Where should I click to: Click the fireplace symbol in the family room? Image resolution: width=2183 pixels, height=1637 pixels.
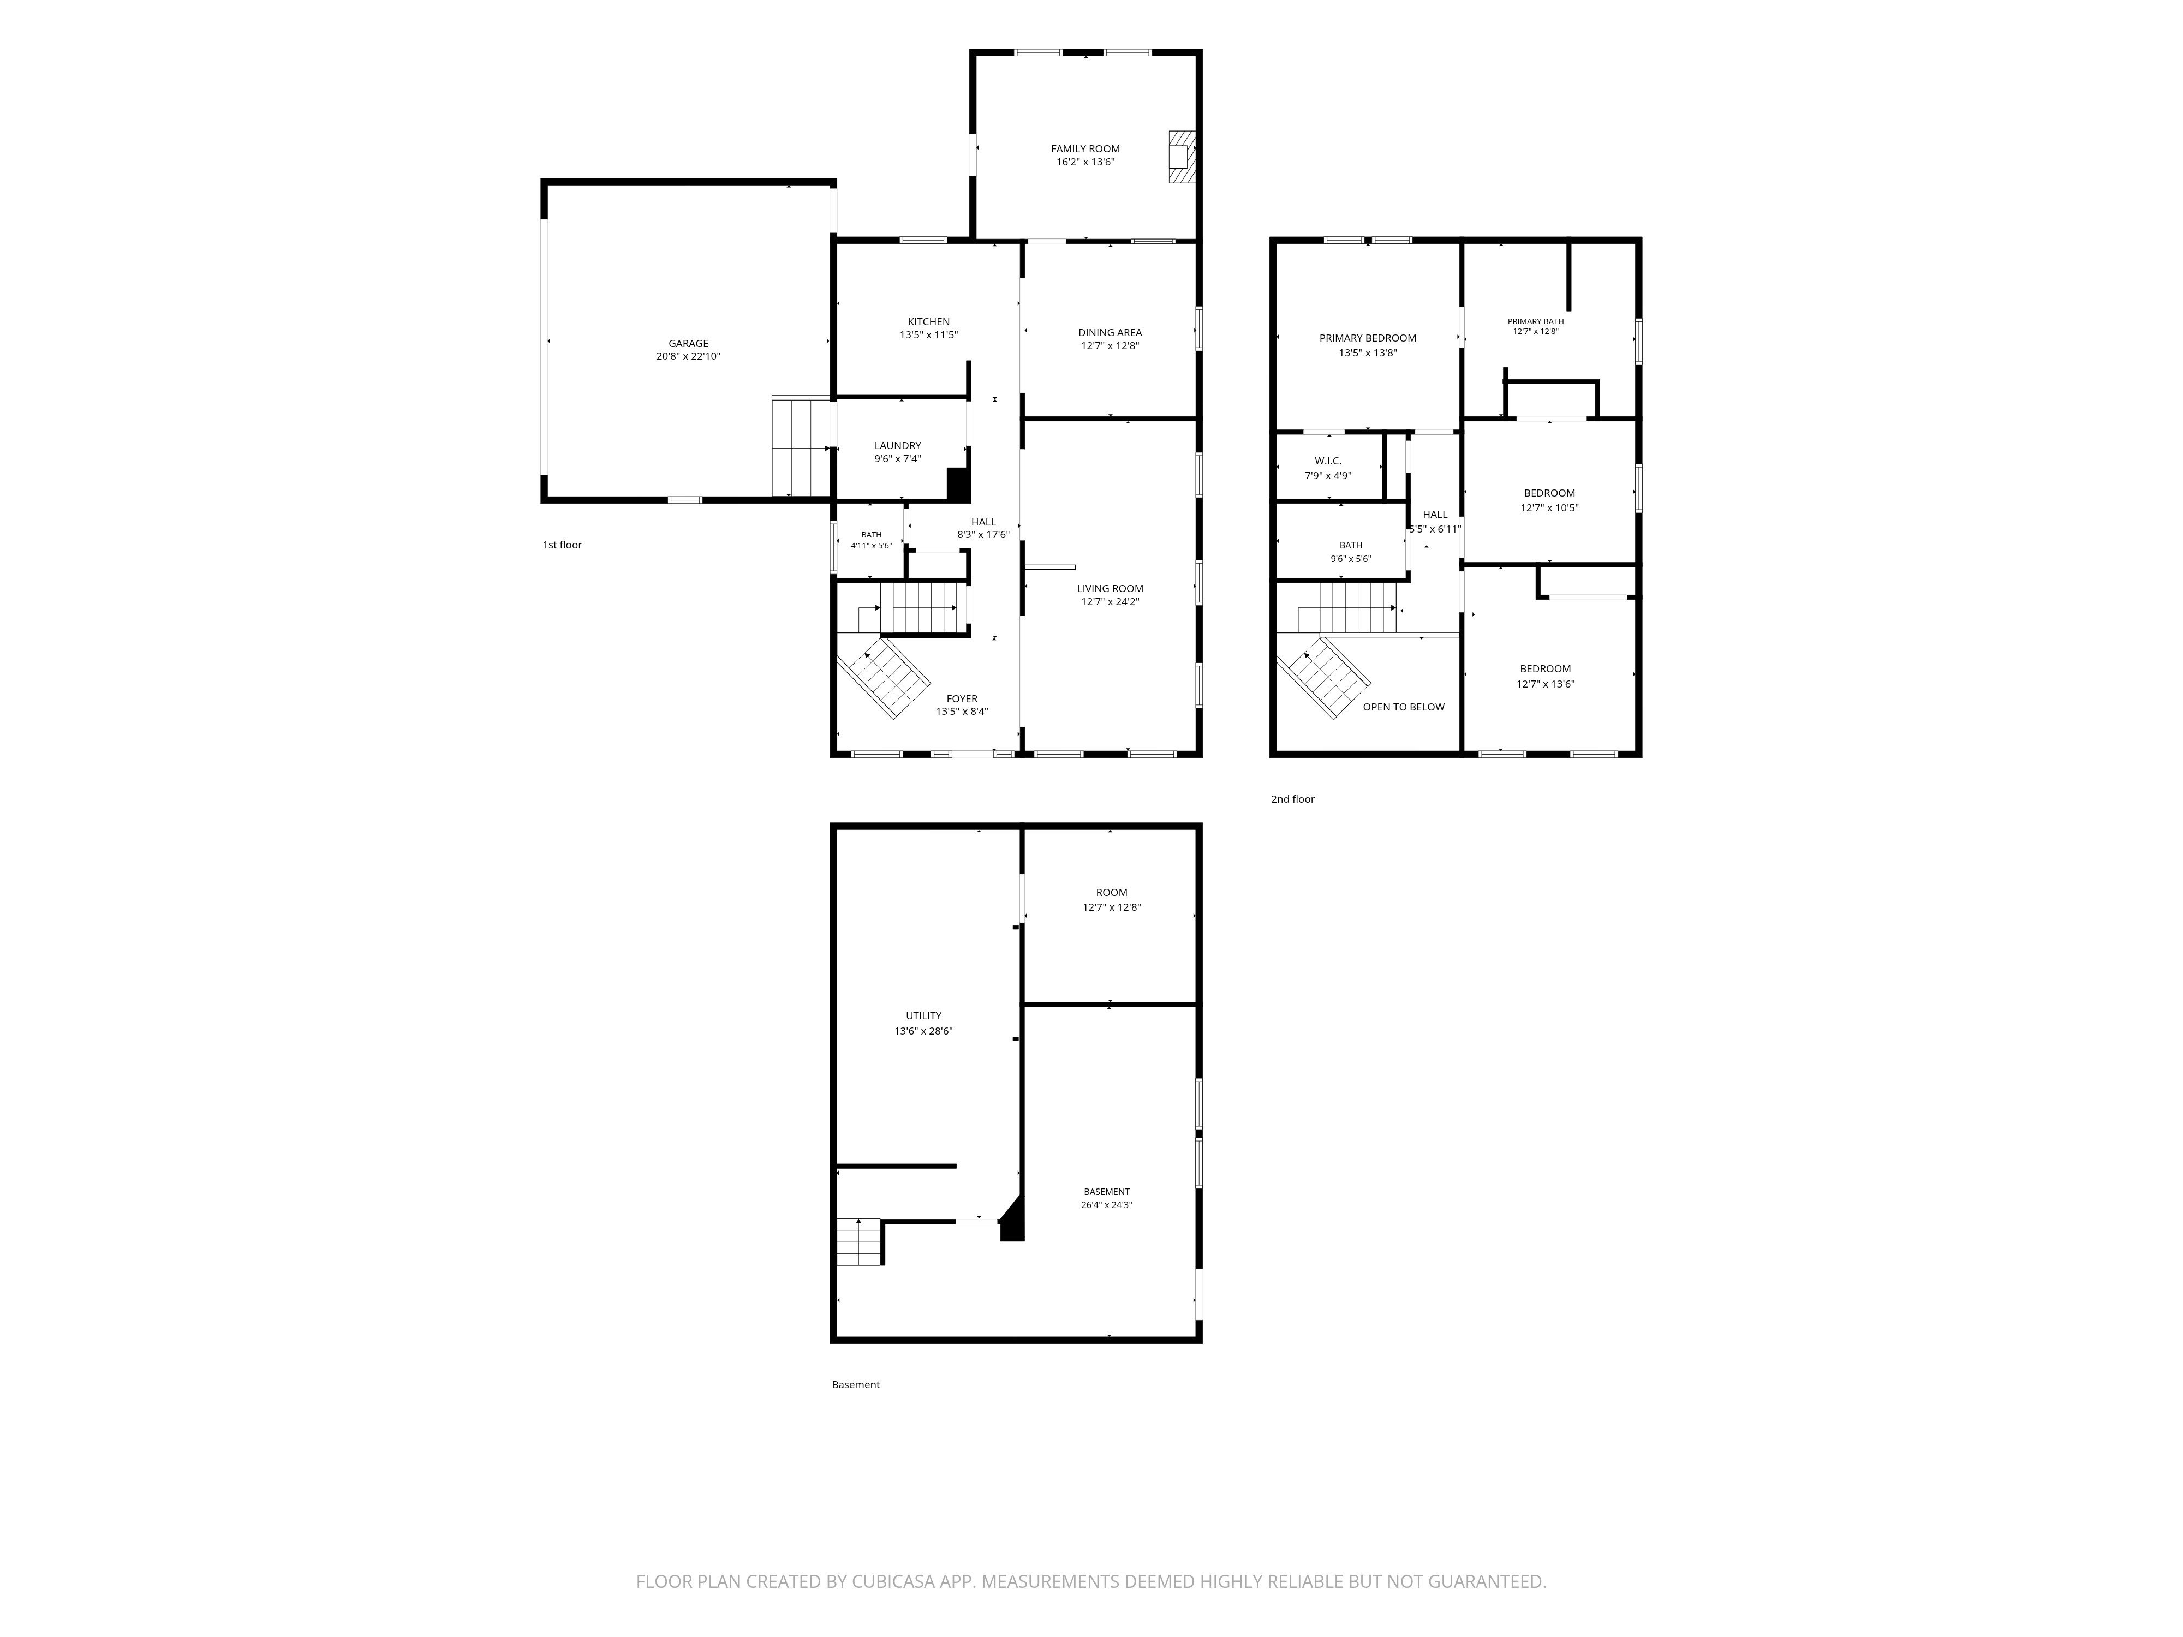[x=1182, y=157]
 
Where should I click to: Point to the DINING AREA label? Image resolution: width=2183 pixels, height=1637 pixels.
[x=1110, y=332]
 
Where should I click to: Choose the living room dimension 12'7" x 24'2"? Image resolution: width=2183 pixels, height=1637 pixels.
[x=1110, y=602]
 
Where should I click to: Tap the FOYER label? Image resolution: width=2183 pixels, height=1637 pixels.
[x=962, y=698]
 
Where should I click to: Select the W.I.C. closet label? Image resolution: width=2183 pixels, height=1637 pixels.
[x=1328, y=461]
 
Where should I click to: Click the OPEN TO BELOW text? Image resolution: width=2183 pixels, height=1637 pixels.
[x=1403, y=707]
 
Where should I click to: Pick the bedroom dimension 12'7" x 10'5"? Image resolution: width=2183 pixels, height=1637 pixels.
[x=1549, y=508]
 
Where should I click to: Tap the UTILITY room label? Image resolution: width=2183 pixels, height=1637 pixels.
[x=924, y=1015]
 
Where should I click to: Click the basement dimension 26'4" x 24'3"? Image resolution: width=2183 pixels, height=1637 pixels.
[x=1106, y=1205]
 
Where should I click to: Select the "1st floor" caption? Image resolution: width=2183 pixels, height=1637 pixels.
[x=563, y=545]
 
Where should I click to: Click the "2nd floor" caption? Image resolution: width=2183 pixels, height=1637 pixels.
[x=1293, y=799]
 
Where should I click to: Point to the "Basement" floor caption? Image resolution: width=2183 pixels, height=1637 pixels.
[x=856, y=1384]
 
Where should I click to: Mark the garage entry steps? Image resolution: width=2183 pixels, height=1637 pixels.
[x=801, y=446]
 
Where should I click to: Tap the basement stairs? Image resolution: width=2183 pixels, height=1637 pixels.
[x=858, y=1242]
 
